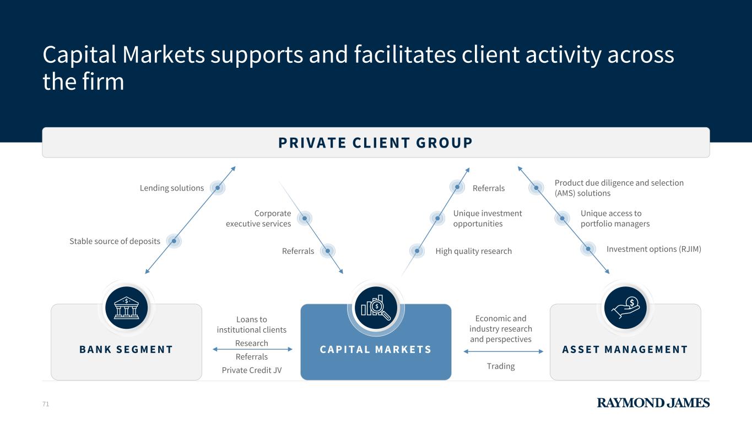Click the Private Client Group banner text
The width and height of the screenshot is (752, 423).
(376, 143)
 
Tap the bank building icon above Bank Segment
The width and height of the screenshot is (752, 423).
(126, 307)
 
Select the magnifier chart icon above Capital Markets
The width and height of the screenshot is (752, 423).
(376, 307)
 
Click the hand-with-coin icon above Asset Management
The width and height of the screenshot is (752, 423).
(625, 307)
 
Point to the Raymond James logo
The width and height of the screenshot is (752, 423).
(653, 403)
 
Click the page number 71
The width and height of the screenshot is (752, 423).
(46, 404)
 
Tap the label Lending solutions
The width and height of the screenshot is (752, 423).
(172, 188)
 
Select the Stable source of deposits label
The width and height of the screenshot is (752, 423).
(115, 241)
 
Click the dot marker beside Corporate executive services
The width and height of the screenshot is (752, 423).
(304, 219)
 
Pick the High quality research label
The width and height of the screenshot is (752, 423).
(473, 251)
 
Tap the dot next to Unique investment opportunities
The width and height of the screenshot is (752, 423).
(437, 219)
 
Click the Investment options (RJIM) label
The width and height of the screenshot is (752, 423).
(653, 249)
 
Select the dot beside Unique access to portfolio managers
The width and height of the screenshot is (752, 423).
(562, 219)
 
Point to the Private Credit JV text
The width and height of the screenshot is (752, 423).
(252, 370)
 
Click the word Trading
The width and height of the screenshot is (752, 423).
(501, 366)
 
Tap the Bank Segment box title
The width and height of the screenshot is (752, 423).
(126, 349)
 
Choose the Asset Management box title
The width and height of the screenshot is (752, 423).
(625, 349)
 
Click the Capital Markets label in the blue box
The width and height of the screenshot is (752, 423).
(376, 349)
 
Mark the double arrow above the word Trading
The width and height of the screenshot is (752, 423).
(501, 352)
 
